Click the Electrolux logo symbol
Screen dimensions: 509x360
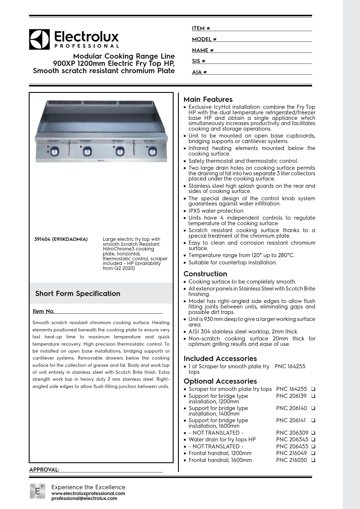point(39,39)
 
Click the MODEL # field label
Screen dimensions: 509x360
point(204,39)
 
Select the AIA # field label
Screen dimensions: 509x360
point(199,72)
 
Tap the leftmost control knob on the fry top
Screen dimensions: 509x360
point(54,151)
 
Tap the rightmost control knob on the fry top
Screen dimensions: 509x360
point(152,151)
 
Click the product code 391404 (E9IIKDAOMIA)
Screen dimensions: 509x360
point(61,239)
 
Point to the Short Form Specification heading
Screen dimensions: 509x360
point(78,294)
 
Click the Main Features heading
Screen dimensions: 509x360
point(208,100)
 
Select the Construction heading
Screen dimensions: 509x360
point(205,274)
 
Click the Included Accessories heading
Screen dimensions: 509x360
point(220,359)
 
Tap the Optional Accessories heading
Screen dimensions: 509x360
point(220,381)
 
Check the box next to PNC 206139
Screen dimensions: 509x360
point(313,396)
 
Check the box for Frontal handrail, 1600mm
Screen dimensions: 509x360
point(313,460)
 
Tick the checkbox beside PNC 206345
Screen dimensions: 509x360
point(313,440)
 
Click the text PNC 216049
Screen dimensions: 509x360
point(291,453)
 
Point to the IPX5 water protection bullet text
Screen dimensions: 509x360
point(216,211)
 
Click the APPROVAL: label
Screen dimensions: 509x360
point(44,470)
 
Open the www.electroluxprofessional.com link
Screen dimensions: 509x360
point(88,493)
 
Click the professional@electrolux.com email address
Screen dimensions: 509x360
point(84,499)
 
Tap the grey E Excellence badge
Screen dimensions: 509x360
point(37,491)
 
